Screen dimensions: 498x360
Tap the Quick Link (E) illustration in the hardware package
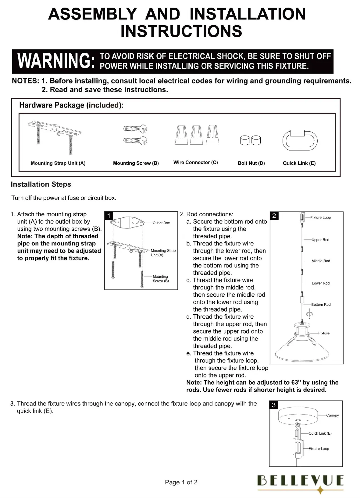point(300,140)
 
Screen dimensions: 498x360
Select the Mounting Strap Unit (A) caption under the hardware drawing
point(58,163)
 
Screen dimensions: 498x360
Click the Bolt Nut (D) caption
point(251,163)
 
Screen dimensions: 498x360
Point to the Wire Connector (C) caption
point(195,163)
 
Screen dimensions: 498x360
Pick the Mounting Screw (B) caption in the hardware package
point(136,163)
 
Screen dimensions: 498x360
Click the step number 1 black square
point(109,216)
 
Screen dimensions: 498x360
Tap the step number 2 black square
point(274,216)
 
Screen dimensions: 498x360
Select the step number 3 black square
point(274,405)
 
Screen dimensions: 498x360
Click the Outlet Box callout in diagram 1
point(161,223)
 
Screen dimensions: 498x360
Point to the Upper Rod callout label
point(320,240)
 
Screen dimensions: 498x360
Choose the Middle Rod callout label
point(321,261)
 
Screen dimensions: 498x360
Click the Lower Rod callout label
point(320,283)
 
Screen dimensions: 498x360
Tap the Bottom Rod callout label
point(321,305)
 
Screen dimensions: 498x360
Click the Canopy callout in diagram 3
point(332,415)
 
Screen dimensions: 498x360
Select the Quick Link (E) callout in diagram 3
point(320,433)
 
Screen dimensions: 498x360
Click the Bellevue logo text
point(301,481)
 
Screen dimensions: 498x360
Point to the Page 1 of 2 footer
point(181,482)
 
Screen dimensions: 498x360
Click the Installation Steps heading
point(41,185)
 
